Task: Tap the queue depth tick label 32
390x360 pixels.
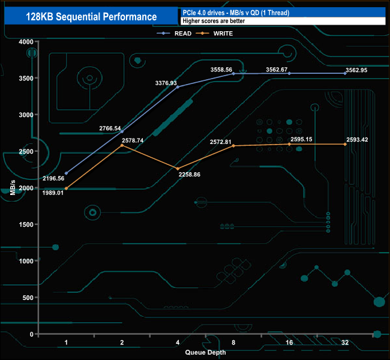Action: (345, 341)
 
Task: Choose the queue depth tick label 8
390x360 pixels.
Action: (233, 341)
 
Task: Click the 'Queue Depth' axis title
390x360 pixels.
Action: (206, 352)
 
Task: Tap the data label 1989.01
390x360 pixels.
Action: (54, 193)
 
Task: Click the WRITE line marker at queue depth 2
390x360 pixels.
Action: (122, 146)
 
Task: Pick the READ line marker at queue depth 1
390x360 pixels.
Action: (67, 173)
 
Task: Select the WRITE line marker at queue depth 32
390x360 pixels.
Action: (345, 145)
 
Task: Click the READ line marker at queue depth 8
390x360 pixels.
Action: (233, 74)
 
